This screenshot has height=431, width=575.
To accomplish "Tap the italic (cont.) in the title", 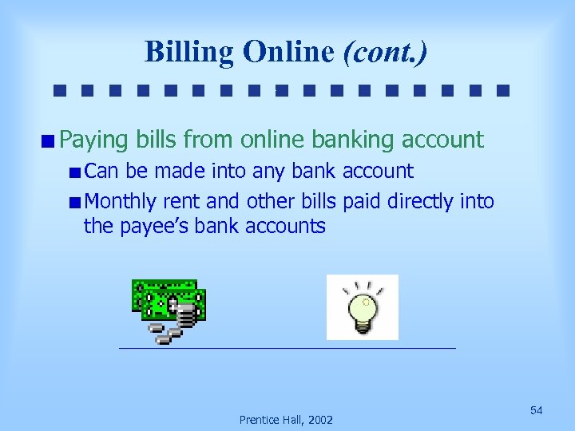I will tap(385, 53).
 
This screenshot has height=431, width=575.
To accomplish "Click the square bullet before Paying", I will tap(50, 142).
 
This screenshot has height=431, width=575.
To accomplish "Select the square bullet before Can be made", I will tap(74, 172).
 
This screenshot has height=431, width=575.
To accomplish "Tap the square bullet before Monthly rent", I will tap(74, 203).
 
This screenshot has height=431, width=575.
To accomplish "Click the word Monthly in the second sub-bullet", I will tap(121, 202).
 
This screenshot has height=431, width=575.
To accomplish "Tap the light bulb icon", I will tap(362, 307).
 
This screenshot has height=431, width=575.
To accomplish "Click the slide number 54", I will tap(537, 410).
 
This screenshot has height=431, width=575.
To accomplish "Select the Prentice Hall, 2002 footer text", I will tap(287, 420).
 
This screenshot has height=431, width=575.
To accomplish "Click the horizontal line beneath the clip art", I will tap(287, 349).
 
